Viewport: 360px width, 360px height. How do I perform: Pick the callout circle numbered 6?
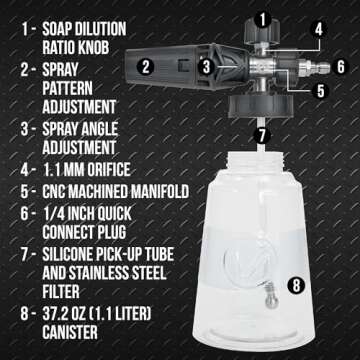(x=342, y=67)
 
